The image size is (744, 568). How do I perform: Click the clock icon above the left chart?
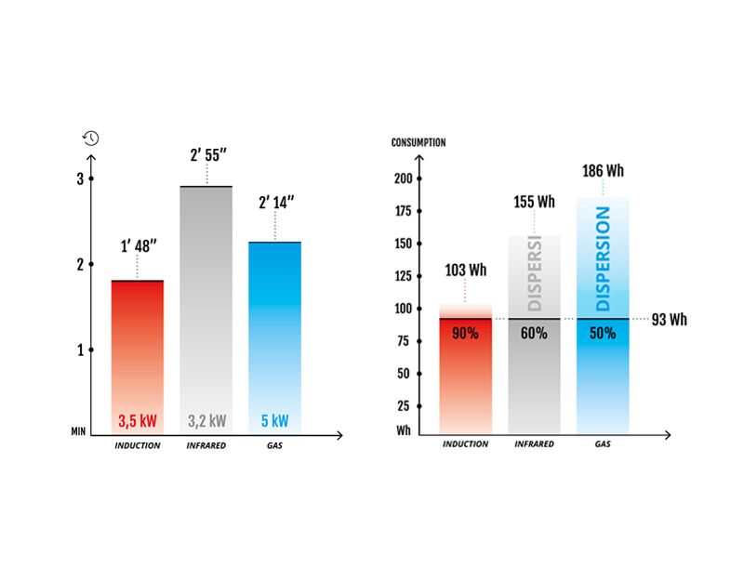click(90, 139)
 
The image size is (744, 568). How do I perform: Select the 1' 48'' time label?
click(138, 247)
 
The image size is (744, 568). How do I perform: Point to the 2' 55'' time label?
click(206, 154)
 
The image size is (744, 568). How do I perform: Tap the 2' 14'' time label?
click(274, 202)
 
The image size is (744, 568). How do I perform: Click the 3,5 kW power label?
click(137, 421)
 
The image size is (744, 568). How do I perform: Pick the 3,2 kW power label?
click(206, 421)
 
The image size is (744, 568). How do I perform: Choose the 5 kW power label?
click(274, 421)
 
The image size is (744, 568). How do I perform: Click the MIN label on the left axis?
click(79, 432)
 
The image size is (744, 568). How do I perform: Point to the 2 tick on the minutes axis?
click(80, 265)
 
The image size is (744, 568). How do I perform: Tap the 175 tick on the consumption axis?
click(402, 211)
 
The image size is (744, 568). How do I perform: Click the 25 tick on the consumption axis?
click(404, 406)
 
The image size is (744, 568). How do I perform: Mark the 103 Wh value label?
click(466, 271)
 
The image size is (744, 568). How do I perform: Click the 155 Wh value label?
click(534, 201)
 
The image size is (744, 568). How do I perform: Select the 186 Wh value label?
click(603, 171)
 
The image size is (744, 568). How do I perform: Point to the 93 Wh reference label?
click(669, 320)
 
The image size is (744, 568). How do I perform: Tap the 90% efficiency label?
click(466, 333)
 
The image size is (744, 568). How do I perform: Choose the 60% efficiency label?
click(534, 333)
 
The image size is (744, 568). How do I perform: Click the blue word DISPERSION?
click(603, 258)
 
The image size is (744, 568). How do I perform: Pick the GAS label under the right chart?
click(603, 444)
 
